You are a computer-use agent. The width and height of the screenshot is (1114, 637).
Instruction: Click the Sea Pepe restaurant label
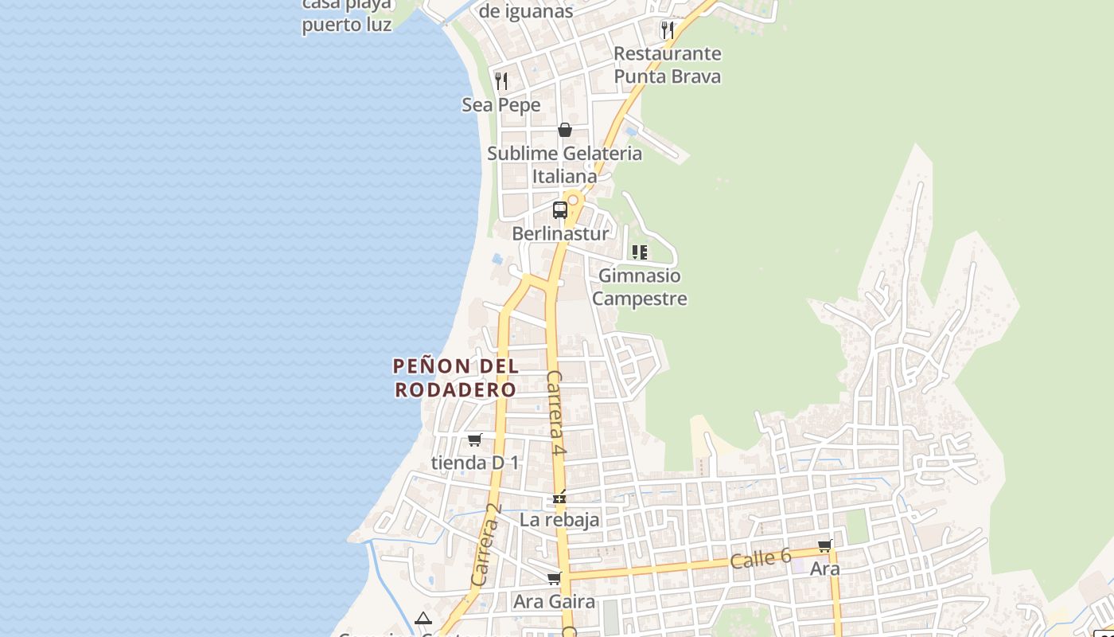pos(501,105)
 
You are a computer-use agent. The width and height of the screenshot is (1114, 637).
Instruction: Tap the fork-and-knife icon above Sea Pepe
pos(501,80)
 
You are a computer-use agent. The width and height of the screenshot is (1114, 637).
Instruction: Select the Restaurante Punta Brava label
pos(668,65)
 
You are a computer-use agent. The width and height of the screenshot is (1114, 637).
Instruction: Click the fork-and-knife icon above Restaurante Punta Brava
pos(668,30)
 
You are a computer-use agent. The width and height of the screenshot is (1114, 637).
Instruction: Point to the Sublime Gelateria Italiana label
pos(564,164)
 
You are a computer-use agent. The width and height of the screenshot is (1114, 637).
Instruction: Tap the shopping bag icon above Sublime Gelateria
pos(565,130)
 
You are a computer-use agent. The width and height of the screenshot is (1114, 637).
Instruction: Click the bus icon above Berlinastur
pos(560,210)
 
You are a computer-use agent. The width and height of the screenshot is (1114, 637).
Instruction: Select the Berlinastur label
pos(560,234)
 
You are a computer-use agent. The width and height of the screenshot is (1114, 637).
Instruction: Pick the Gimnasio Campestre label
pos(640,287)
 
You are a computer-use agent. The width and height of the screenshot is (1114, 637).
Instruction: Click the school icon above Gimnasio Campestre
pos(640,252)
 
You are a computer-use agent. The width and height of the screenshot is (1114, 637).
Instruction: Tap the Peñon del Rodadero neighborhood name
pos(456,378)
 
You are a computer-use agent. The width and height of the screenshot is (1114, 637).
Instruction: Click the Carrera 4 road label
pos(555,412)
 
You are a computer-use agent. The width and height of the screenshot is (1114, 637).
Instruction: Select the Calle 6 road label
pos(761,559)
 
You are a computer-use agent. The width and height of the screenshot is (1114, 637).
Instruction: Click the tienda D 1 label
pos(475,463)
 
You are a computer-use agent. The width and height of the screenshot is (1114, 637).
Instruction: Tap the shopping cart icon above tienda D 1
pos(475,440)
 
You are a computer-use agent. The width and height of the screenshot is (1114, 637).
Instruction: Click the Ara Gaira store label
pos(554,602)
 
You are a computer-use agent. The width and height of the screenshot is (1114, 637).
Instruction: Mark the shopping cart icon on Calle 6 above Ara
pos(825,546)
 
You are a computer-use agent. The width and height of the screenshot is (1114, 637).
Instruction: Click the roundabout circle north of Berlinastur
pos(572,200)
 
